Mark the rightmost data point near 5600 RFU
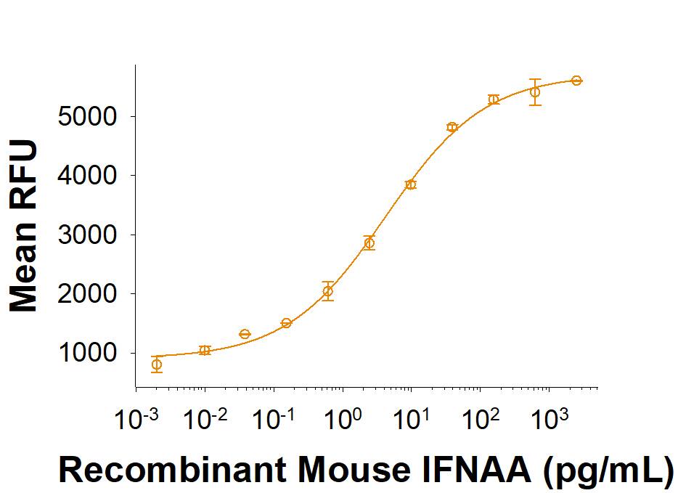coord(576,81)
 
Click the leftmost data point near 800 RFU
coord(157,364)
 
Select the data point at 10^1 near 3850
coord(411,184)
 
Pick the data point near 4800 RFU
coord(452,127)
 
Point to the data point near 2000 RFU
coord(328,291)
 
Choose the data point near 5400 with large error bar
coord(535,92)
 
